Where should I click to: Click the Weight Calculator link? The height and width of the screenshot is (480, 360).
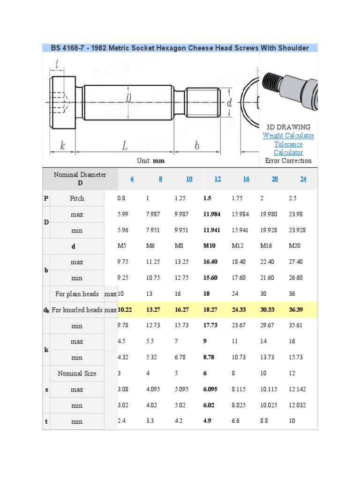point(288,135)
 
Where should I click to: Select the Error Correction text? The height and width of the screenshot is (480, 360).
point(288,161)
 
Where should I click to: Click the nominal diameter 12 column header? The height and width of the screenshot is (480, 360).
point(218,179)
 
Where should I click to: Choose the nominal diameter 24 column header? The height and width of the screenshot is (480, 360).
point(303,179)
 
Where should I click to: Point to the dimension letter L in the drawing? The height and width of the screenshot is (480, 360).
point(125,146)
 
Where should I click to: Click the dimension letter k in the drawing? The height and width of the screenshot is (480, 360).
point(62,146)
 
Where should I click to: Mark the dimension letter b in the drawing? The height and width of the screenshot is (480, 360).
point(197,146)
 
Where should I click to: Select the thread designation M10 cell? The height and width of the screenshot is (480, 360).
point(210,246)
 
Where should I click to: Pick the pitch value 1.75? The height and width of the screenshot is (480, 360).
point(238,198)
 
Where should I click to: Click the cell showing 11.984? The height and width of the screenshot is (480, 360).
point(212,214)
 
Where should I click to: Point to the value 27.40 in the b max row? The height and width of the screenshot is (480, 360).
point(296,262)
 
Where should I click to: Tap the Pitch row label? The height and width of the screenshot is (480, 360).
point(77,198)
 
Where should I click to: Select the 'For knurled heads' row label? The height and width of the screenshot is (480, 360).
point(77,310)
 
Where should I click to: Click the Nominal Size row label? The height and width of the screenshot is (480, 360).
point(77,374)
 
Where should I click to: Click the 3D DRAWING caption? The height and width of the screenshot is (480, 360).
point(288,127)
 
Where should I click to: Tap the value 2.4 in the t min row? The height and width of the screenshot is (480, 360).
point(121,421)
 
